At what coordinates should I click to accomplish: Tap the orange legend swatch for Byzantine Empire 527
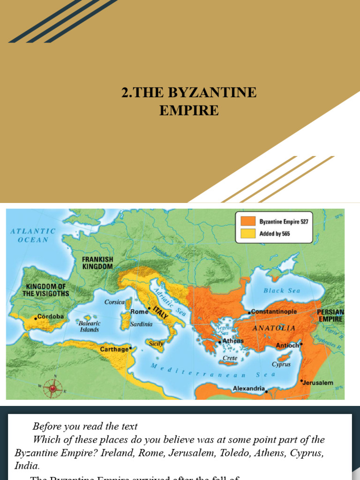tap(248, 221)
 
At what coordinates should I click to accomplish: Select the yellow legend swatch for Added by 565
tap(248, 233)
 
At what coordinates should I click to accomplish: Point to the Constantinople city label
tap(274, 311)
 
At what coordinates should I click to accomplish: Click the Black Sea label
tap(281, 291)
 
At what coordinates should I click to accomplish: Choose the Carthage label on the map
tap(114, 349)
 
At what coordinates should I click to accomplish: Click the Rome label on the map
tap(139, 312)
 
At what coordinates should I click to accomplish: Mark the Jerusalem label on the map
tap(318, 382)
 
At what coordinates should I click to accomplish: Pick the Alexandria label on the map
tap(249, 389)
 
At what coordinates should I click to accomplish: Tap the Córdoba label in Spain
tap(51, 316)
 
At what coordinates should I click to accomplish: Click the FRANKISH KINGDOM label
tap(97, 262)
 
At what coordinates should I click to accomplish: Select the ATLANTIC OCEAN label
tap(33, 235)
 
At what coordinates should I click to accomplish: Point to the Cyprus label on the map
tap(281, 364)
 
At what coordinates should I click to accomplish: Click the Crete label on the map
tap(230, 358)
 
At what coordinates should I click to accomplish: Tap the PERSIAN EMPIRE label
tap(330, 315)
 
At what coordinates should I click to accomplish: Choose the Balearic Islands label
tap(90, 326)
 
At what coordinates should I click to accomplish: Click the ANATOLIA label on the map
tap(274, 328)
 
